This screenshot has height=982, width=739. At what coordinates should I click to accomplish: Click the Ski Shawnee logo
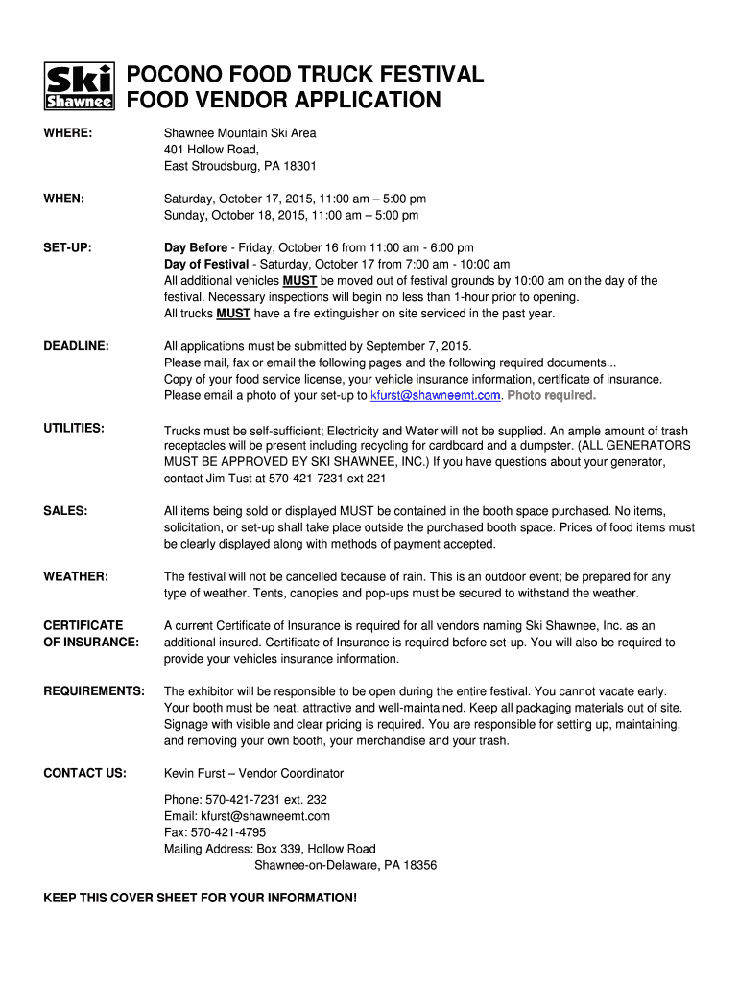[x=80, y=86]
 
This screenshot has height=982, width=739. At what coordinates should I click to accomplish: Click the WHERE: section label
[x=68, y=133]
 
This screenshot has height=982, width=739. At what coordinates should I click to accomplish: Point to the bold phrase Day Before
[x=196, y=247]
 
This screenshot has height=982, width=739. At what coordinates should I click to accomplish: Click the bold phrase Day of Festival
[x=205, y=264]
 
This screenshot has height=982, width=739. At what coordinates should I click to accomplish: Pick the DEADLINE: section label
[x=76, y=345]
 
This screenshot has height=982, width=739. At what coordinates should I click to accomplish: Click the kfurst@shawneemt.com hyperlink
[x=435, y=395]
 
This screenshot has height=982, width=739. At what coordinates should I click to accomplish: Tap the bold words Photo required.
[x=552, y=395]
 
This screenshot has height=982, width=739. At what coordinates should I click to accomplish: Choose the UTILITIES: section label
[x=74, y=427]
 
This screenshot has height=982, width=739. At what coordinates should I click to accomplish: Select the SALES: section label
[x=65, y=511]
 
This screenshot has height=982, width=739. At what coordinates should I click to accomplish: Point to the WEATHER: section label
[x=76, y=576]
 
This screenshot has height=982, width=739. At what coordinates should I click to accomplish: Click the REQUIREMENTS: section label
[x=94, y=690]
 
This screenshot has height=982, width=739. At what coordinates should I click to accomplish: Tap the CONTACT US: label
[x=84, y=773]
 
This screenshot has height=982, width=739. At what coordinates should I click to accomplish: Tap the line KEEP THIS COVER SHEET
[x=200, y=898]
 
